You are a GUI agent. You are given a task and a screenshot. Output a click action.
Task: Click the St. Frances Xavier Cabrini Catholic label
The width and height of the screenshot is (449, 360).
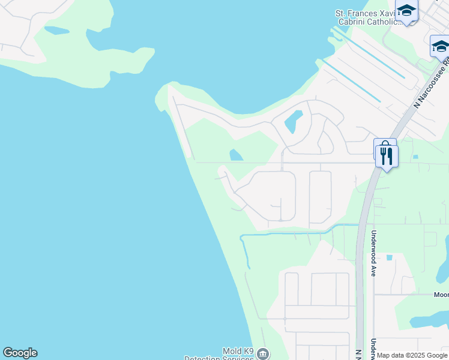[x=367, y=17]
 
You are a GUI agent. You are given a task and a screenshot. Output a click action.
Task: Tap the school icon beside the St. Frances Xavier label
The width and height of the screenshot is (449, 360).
[x=406, y=11]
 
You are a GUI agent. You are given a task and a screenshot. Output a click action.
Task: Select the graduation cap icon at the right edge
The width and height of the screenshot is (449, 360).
[x=440, y=46]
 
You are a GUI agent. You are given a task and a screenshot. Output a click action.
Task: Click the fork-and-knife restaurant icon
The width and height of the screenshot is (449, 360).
[x=387, y=157]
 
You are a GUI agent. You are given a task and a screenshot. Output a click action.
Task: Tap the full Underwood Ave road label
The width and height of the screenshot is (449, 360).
[x=373, y=253]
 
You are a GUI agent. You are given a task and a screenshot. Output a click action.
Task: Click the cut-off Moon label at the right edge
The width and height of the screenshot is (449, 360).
[x=441, y=295]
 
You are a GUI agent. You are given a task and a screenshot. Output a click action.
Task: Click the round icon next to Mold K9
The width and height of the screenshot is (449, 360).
[x=262, y=355]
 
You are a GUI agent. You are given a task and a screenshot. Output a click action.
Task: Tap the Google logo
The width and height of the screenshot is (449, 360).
[x=20, y=353]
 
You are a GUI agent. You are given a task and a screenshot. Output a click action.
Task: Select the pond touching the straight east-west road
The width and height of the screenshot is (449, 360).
[x=236, y=155]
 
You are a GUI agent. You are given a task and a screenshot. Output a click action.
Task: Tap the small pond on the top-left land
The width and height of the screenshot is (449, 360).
[x=57, y=30]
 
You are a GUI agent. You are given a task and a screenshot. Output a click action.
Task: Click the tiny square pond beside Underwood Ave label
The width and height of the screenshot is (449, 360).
[x=390, y=258]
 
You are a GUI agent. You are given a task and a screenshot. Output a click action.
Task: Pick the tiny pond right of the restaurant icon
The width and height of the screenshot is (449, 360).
[x=415, y=157]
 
